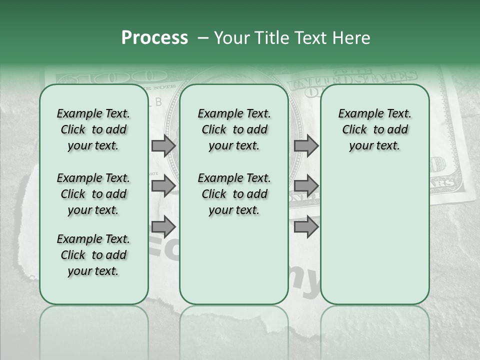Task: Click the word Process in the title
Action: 154,38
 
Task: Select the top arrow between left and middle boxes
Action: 163,145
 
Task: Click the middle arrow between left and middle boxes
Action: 163,186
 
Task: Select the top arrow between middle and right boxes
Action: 306,145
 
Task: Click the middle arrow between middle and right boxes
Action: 306,186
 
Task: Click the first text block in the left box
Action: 93,129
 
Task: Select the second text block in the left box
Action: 93,194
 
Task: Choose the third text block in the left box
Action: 93,255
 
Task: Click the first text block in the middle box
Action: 234,129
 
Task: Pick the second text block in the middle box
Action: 234,194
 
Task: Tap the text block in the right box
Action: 374,129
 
